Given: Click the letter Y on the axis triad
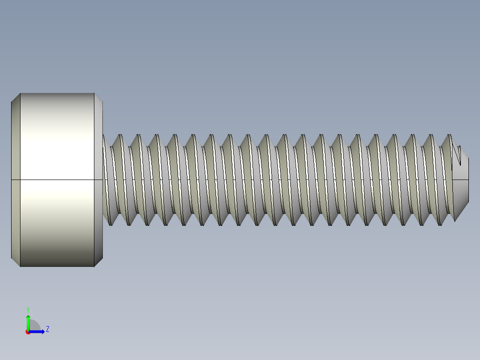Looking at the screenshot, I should [x=28, y=309].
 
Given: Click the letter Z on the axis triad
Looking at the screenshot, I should [x=47, y=329].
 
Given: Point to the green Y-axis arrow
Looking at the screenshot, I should [x=28, y=322].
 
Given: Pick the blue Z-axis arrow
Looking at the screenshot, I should [x=38, y=331].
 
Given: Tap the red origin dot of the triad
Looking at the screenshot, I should [x=28, y=332].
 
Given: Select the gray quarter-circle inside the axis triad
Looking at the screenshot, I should [x=34, y=326].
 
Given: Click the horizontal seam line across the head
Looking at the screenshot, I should [x=57, y=180].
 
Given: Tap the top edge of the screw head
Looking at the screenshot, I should [x=57, y=93].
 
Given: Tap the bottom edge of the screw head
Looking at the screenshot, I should [x=57, y=266].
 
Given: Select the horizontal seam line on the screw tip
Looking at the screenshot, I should [x=461, y=180].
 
